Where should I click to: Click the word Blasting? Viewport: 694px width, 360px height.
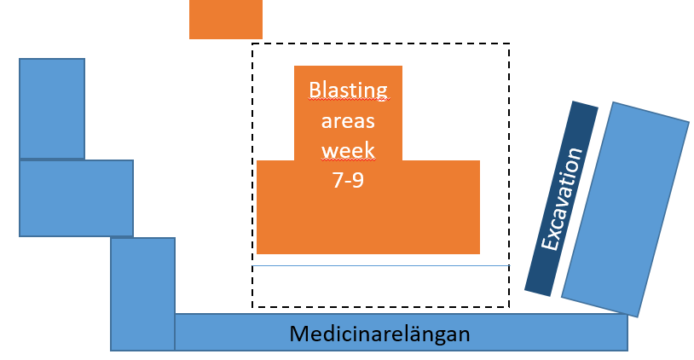349,90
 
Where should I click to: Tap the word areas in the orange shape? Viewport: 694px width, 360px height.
348,121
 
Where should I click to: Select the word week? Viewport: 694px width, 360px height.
348,150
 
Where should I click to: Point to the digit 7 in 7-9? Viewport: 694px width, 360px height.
338,180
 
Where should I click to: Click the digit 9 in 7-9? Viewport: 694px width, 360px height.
357,180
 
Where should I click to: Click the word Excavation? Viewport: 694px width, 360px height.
561,199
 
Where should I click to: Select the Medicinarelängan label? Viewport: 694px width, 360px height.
379,334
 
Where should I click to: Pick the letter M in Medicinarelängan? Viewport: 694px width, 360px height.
299,334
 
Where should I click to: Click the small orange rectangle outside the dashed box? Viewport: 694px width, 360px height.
226,20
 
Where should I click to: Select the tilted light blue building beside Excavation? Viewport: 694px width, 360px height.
626,210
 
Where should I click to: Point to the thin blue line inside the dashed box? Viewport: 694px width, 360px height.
380,265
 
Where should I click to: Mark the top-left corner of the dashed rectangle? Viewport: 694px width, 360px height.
252,44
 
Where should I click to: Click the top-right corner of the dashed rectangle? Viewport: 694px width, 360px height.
510,44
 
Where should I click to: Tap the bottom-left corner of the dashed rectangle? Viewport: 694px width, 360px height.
252,306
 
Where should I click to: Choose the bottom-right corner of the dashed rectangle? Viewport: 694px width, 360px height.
510,306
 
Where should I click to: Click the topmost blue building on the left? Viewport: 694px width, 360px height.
52,108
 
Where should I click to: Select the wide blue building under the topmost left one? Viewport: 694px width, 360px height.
76,198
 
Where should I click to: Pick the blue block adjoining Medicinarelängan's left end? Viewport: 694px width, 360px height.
142,294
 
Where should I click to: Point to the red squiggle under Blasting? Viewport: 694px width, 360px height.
349,100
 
